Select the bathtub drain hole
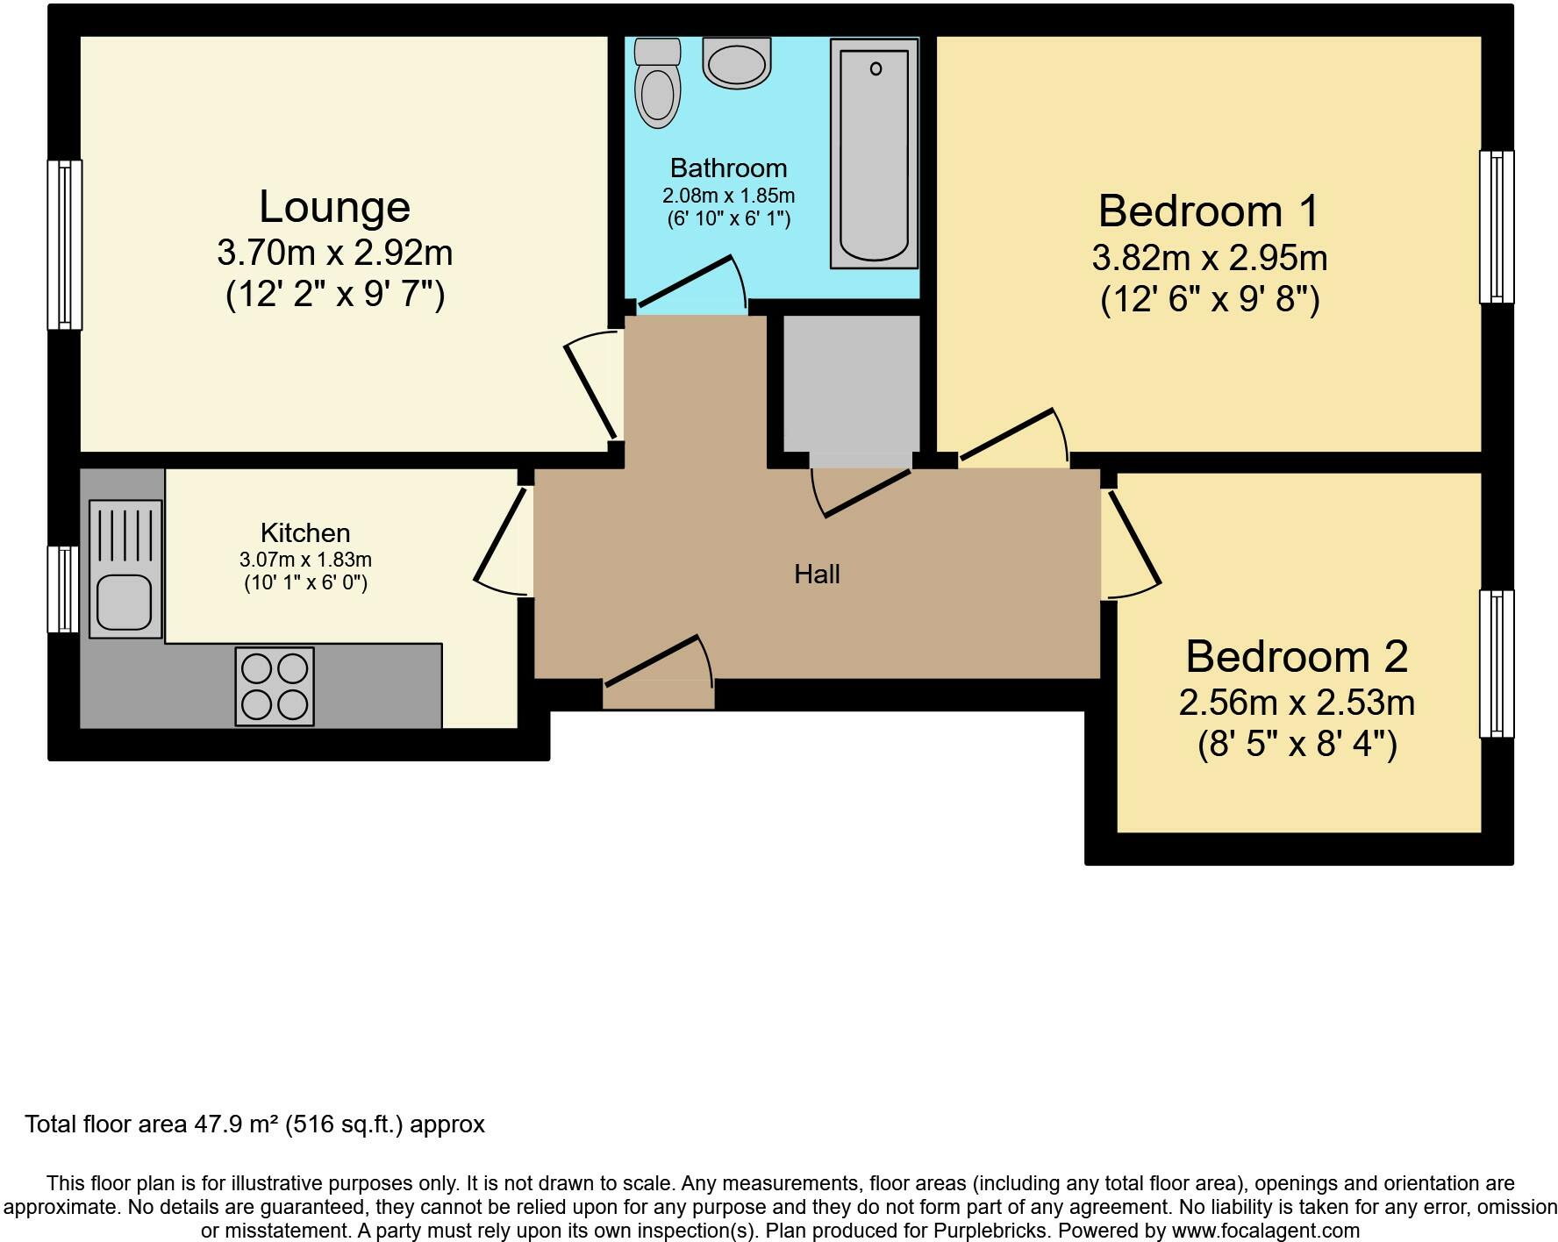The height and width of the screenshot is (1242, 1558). click(875, 68)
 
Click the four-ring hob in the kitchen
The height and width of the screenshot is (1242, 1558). click(275, 687)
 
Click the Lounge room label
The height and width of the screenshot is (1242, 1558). click(334, 207)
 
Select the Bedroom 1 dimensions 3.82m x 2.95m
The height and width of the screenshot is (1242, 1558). click(1209, 258)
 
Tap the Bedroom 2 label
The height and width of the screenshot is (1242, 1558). click(1297, 656)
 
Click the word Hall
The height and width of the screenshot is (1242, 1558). click(817, 575)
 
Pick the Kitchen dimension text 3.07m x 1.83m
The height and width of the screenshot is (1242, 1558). click(305, 560)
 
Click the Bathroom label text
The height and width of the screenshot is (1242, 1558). click(728, 168)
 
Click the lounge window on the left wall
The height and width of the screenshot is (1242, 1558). click(64, 245)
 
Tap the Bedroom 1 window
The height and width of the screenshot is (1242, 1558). click(1497, 226)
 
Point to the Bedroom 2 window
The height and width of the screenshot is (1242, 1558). click(1497, 664)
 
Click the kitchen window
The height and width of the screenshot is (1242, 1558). click(63, 589)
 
